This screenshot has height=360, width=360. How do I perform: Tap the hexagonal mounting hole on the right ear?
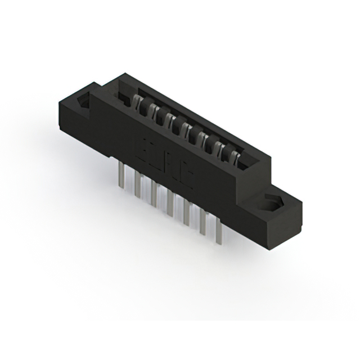point(271,202)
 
